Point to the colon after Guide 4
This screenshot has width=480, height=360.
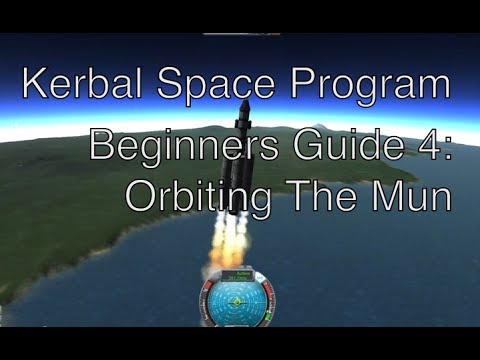coord(447,148)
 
